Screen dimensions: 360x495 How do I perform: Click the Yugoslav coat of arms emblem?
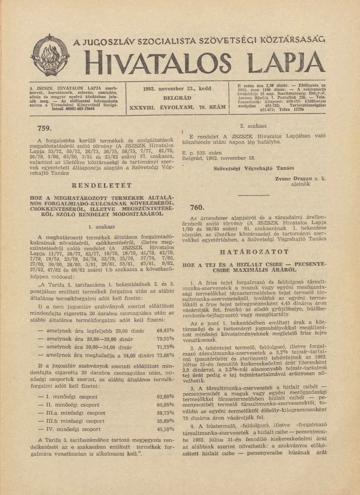click(50, 55)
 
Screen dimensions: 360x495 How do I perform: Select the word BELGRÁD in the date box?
click(177, 98)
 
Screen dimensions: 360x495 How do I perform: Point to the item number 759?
click(44, 128)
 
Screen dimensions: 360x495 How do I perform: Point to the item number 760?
click(197, 207)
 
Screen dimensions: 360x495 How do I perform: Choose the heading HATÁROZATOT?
click(253, 252)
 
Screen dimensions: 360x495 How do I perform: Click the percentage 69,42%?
click(165, 330)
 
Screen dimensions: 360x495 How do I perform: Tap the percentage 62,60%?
click(165, 396)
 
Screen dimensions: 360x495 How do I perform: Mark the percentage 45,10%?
click(165, 429)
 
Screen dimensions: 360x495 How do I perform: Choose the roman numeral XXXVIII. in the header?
click(142, 108)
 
